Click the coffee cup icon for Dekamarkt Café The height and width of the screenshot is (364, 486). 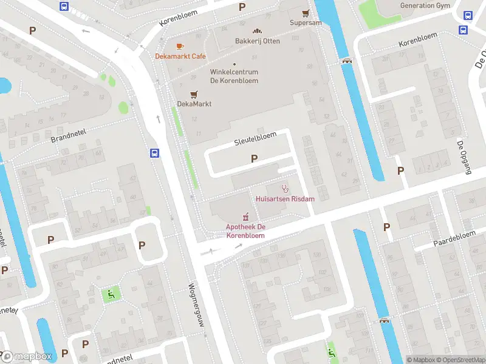180,46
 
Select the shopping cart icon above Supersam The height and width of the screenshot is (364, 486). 306,13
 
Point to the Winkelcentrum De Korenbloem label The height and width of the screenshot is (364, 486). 234,76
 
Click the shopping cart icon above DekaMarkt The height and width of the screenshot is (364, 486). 194,94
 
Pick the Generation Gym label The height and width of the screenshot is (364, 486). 425,5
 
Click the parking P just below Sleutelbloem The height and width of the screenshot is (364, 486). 254,158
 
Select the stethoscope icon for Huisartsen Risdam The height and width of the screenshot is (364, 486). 284,189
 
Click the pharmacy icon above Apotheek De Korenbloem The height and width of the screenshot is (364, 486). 246,217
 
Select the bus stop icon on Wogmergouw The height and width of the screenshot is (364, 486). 155,153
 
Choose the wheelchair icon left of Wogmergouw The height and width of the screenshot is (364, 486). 111,295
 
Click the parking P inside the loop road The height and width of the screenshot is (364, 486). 142,245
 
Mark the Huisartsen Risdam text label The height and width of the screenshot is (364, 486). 284,199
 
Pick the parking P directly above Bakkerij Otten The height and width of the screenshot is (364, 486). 242,7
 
